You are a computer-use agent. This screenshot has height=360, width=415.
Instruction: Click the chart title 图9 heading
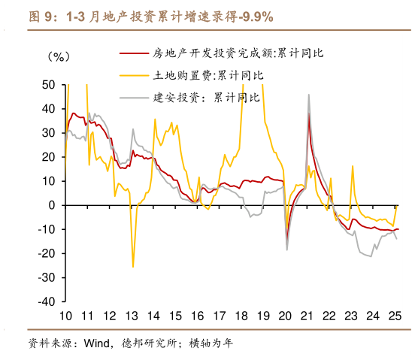click(150, 16)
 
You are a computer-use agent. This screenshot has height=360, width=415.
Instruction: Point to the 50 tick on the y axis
click(48, 85)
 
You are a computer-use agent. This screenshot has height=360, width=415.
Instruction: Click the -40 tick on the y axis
click(46, 301)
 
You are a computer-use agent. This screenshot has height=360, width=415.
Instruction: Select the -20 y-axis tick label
click(46, 253)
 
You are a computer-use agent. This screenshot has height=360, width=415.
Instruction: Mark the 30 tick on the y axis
click(48, 133)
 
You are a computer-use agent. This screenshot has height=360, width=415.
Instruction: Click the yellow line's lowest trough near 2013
click(133, 266)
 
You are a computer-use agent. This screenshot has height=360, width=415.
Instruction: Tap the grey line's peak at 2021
click(308, 94)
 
